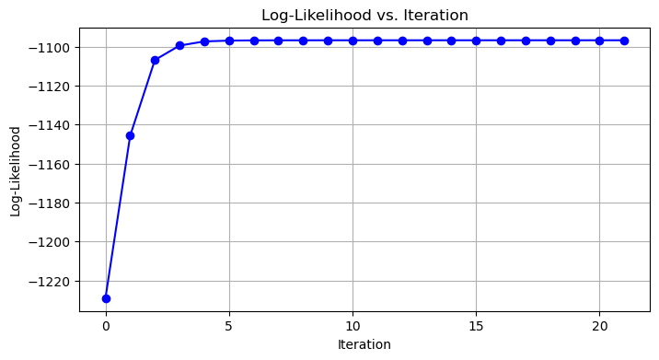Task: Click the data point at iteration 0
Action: click(x=106, y=298)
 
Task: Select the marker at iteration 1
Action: click(x=130, y=135)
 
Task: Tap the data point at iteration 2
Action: click(x=155, y=60)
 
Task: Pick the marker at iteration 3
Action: click(x=179, y=45)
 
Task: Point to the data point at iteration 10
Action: click(x=353, y=41)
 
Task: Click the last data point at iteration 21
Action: click(x=624, y=41)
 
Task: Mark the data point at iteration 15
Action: click(x=476, y=41)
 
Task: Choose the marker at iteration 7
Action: click(x=278, y=41)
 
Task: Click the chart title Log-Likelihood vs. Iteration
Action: click(x=364, y=15)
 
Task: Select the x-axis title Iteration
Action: click(x=364, y=344)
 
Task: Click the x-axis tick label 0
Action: click(x=106, y=327)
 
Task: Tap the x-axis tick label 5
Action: click(x=229, y=327)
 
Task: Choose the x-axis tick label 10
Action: click(x=353, y=327)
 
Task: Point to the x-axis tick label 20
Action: click(x=599, y=327)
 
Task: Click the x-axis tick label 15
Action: click(x=476, y=327)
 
